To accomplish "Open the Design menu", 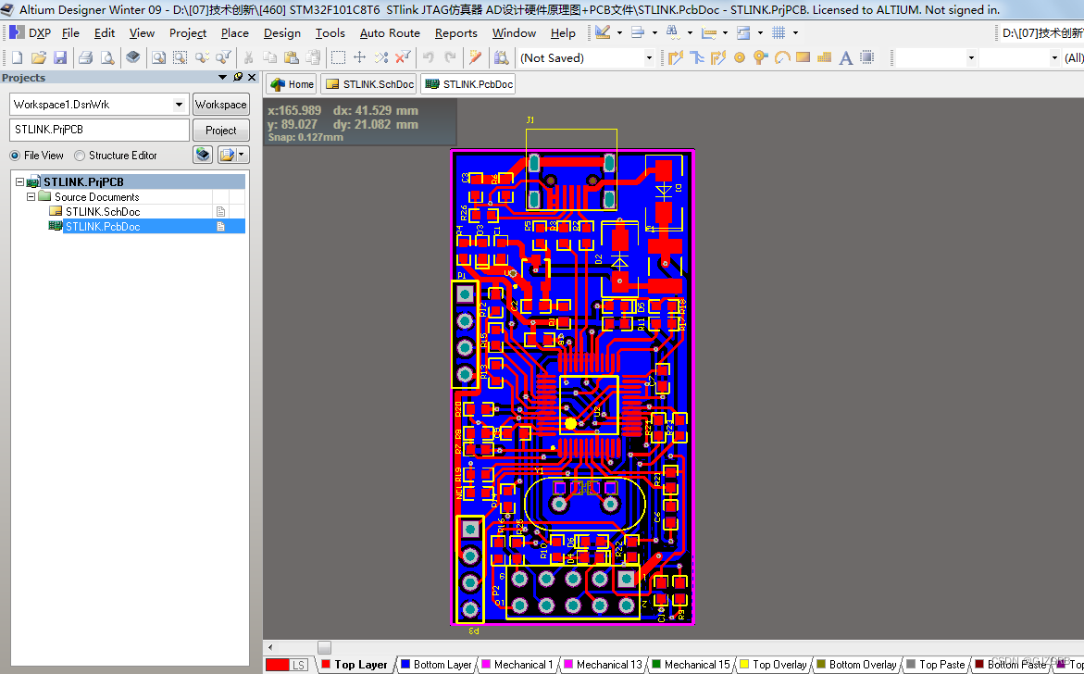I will (281, 33).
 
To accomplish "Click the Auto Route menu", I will (390, 33).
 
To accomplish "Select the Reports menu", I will (455, 33).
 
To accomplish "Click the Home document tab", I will (292, 84).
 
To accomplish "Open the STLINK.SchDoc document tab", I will (369, 84).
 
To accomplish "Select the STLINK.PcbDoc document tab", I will (468, 84).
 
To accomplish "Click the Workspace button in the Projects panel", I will (220, 105).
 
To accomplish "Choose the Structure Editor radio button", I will (80, 156).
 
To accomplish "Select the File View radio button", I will (15, 156).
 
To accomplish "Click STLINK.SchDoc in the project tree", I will (102, 212).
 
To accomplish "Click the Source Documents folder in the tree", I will (96, 197).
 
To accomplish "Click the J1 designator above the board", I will (530, 120).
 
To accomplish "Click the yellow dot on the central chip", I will (570, 423).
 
